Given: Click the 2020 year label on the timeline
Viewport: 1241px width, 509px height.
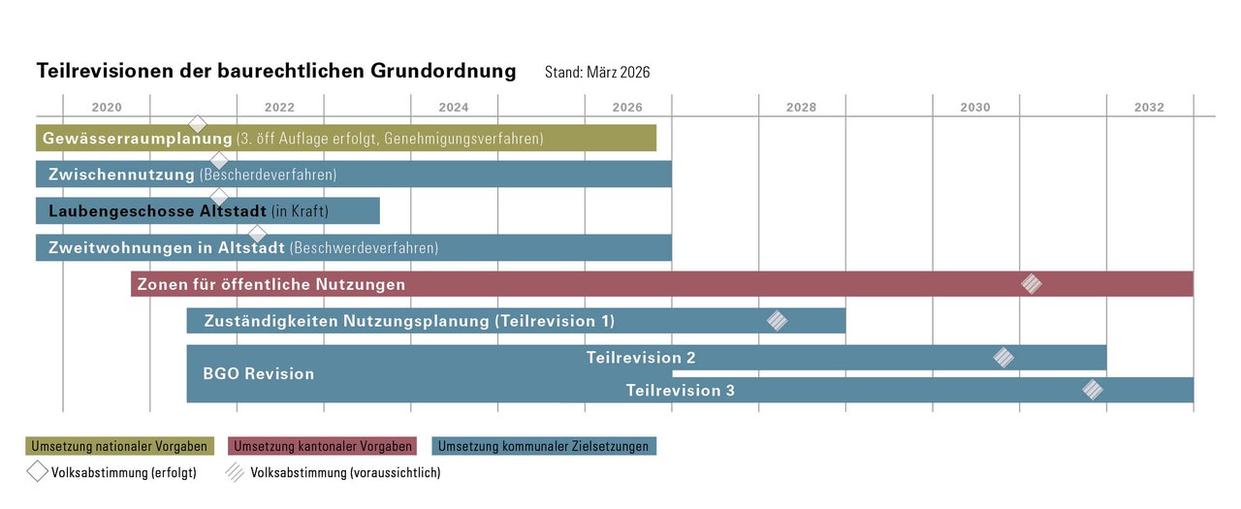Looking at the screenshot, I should pyautogui.click(x=107, y=108).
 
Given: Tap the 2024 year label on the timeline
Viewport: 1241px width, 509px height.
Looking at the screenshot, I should pyautogui.click(x=454, y=108).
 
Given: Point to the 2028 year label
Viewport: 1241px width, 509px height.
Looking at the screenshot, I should pyautogui.click(x=802, y=108).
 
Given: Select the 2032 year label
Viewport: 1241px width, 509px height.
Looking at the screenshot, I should pyautogui.click(x=1149, y=108).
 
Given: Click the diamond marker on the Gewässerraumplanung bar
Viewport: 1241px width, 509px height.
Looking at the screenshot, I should pyautogui.click(x=198, y=124).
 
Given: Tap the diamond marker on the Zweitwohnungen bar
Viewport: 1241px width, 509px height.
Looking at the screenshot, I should pyautogui.click(x=257, y=234).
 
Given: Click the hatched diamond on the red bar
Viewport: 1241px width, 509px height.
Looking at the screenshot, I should pyautogui.click(x=1032, y=284).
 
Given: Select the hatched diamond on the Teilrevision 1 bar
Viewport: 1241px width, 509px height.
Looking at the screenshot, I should pyautogui.click(x=777, y=321).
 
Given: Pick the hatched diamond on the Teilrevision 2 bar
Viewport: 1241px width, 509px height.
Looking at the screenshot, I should pyautogui.click(x=1003, y=358).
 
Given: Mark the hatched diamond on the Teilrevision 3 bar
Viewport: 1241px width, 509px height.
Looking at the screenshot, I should pyautogui.click(x=1093, y=390).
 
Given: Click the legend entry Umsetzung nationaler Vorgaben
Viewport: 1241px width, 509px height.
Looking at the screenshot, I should pyautogui.click(x=118, y=446).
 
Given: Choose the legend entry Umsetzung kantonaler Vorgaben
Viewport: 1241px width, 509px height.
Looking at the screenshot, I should pyautogui.click(x=321, y=446).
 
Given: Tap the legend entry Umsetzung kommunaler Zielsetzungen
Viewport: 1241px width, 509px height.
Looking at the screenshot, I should pyautogui.click(x=544, y=446).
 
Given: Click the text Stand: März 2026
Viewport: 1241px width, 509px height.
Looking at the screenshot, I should pyautogui.click(x=597, y=73).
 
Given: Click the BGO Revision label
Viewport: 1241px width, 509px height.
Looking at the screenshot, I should pyautogui.click(x=258, y=373).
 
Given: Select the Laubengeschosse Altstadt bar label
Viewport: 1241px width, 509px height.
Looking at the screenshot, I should pyautogui.click(x=158, y=211).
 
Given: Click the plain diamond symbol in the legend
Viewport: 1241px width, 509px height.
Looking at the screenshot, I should pyautogui.click(x=38, y=472).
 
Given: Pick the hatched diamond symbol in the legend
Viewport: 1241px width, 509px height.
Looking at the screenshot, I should pyautogui.click(x=236, y=472).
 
